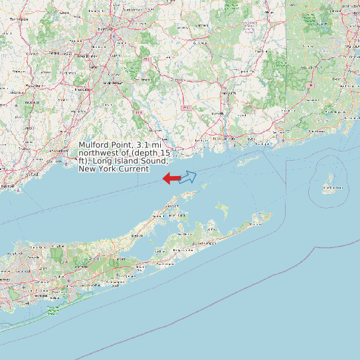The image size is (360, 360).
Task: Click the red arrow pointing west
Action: click(x=171, y=178)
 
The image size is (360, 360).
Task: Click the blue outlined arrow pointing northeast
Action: click(x=188, y=177)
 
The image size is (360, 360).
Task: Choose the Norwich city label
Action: click(x=229, y=94)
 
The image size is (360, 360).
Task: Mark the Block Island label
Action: click(x=331, y=188)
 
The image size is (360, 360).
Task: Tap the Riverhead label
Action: click(x=137, y=235)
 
